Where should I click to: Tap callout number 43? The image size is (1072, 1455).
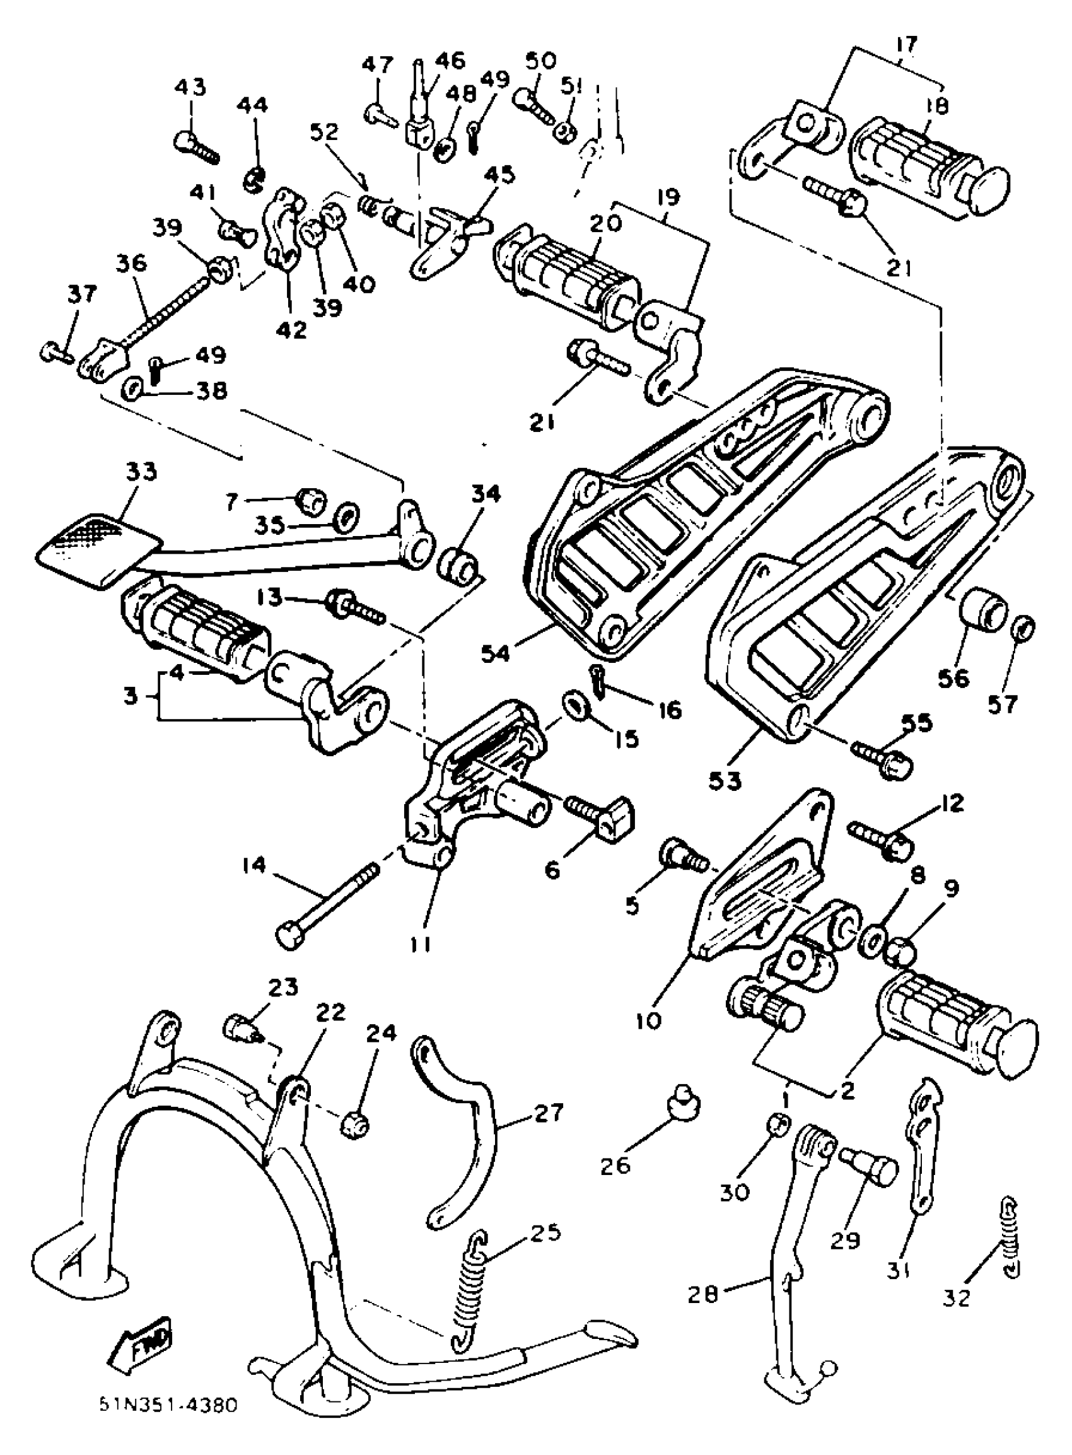click(190, 87)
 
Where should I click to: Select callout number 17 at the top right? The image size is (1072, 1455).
click(906, 45)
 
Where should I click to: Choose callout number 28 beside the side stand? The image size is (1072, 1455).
click(702, 1295)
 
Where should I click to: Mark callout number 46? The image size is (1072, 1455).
click(449, 61)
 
